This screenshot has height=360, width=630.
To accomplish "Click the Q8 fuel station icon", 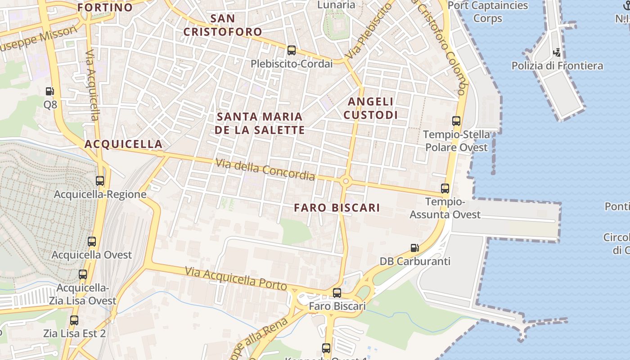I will pyautogui.click(x=49, y=91).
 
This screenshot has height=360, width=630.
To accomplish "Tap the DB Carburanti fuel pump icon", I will pyautogui.click(x=414, y=248).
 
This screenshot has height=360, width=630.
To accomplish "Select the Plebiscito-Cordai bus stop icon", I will pyautogui.click(x=292, y=50).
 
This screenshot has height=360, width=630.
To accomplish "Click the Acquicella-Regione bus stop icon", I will pyautogui.click(x=100, y=181).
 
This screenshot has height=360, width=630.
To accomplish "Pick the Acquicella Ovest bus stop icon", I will pyautogui.click(x=92, y=242).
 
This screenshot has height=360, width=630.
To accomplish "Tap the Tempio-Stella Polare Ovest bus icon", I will pyautogui.click(x=456, y=121).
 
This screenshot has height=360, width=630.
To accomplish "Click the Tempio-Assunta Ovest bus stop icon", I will pyautogui.click(x=445, y=189).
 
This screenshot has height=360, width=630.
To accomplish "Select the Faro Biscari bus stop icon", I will pyautogui.click(x=337, y=293).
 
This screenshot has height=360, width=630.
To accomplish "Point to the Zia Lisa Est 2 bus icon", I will pyautogui.click(x=74, y=320).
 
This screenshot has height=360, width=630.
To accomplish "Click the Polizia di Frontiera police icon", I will pyautogui.click(x=557, y=53).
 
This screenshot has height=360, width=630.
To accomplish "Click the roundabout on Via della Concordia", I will pyautogui.click(x=346, y=181).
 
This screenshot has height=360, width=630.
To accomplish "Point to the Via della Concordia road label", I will pyautogui.click(x=265, y=169).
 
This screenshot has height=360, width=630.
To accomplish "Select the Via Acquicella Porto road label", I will pyautogui.click(x=236, y=279).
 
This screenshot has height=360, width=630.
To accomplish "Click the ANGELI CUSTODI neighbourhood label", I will pyautogui.click(x=371, y=108).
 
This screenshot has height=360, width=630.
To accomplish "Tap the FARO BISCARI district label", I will pyautogui.click(x=337, y=207).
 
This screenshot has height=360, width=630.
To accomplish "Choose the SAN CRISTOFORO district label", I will pyautogui.click(x=223, y=25).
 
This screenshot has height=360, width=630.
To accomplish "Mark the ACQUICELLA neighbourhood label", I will pyautogui.click(x=123, y=144).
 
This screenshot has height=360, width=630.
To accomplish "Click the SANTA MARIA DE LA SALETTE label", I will pyautogui.click(x=260, y=123).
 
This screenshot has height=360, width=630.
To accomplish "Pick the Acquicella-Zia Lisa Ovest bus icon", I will pyautogui.click(x=83, y=274).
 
